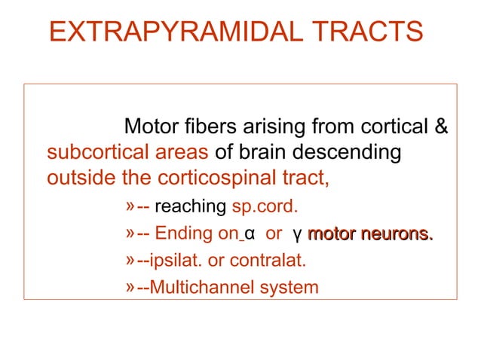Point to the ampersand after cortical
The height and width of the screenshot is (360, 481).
click(x=443, y=126)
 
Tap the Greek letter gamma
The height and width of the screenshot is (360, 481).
click(x=299, y=236)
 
